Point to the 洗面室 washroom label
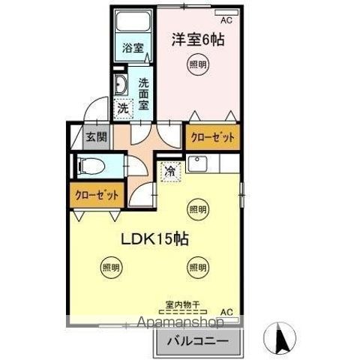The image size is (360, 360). [143, 89]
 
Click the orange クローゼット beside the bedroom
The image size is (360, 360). [212, 137]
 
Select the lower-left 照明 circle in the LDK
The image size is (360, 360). [109, 266]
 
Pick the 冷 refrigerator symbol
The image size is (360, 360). [169, 171]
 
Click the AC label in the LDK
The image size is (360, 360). [226, 310]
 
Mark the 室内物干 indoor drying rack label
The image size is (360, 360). [181, 306]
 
